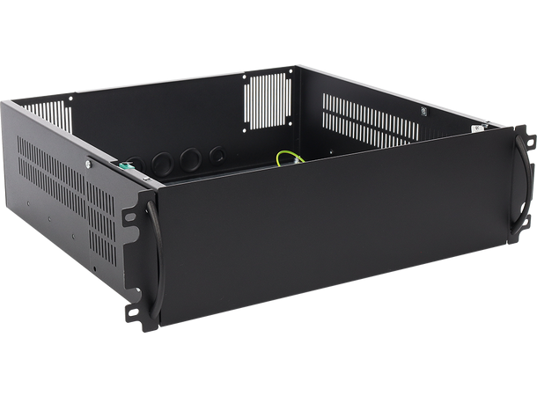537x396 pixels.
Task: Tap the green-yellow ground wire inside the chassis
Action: [x=291, y=159]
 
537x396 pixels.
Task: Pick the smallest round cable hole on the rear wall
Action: [x=217, y=155]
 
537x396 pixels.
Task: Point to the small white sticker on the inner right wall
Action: [x=423, y=112]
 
